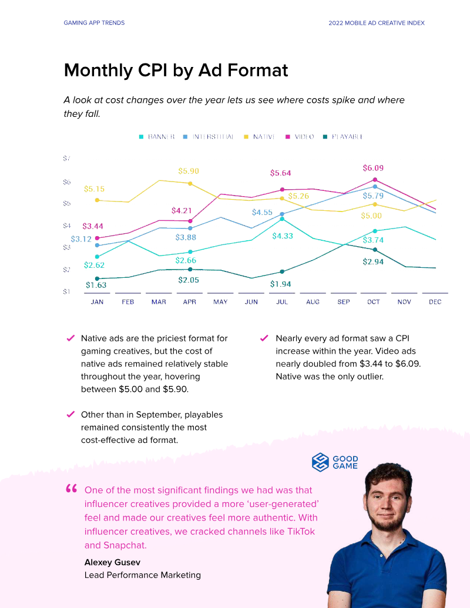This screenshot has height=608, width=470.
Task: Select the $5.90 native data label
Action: coord(188,171)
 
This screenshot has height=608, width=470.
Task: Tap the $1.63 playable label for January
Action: coord(96,285)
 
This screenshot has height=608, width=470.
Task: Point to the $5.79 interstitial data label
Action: coord(373,196)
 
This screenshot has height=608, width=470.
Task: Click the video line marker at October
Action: coord(374,180)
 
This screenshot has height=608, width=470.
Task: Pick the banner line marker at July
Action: coord(282,219)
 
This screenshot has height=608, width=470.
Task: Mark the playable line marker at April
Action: coord(190,269)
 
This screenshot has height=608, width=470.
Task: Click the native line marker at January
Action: coord(97,200)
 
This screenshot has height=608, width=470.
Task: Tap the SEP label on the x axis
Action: coord(344,302)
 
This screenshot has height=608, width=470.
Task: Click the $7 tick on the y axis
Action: coord(66,159)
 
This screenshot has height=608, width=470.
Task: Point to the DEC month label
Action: coord(435,302)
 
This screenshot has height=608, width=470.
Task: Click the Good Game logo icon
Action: coord(320,462)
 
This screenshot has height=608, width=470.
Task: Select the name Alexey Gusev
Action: coord(112,562)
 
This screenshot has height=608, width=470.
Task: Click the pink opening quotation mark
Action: coord(72,489)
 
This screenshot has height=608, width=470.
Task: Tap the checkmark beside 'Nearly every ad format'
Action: coord(263,338)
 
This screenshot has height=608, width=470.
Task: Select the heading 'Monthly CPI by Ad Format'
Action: coord(176,70)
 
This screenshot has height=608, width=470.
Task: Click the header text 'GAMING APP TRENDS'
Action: coord(94,23)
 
